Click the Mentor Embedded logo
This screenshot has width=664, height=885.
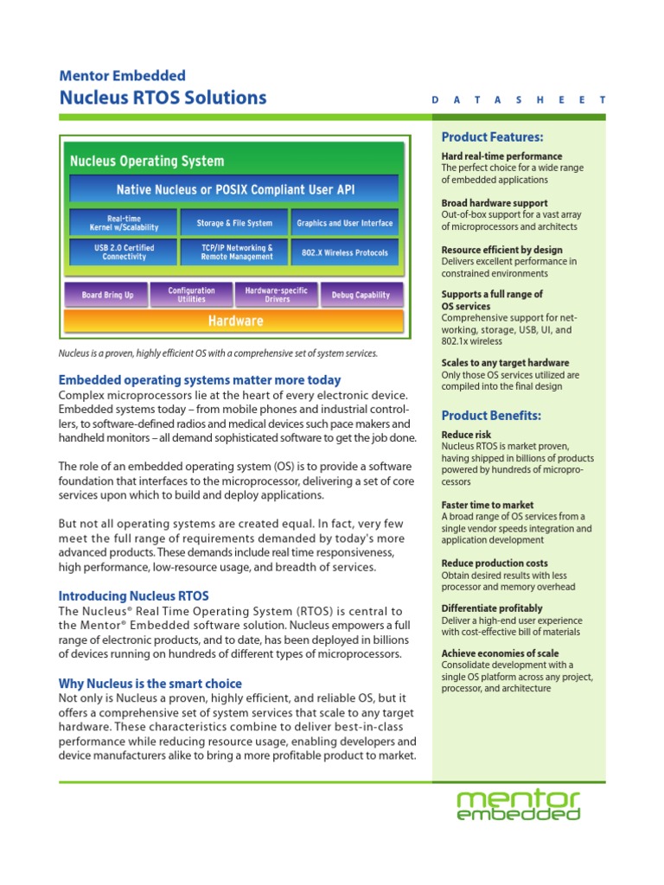coord(518,804)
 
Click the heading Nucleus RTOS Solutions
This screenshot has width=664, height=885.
coord(163,98)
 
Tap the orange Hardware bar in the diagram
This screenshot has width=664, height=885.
coord(234,321)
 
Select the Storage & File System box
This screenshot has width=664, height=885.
coord(234,223)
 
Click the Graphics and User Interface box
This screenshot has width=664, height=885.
coord(344,223)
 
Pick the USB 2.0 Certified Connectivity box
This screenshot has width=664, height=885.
coord(124,251)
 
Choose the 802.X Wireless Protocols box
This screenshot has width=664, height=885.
coord(344,252)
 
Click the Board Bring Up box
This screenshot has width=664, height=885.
coord(107,295)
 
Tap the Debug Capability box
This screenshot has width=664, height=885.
coord(361,295)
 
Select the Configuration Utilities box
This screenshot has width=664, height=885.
coord(191,295)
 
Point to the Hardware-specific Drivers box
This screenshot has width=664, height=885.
coord(277,295)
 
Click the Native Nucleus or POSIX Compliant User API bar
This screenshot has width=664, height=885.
coord(234,189)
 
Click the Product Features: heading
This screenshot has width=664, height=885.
coord(492,137)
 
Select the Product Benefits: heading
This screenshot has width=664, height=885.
coord(491,416)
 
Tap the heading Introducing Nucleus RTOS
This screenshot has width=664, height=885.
coord(133,596)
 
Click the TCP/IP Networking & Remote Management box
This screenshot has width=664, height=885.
coord(234,251)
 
